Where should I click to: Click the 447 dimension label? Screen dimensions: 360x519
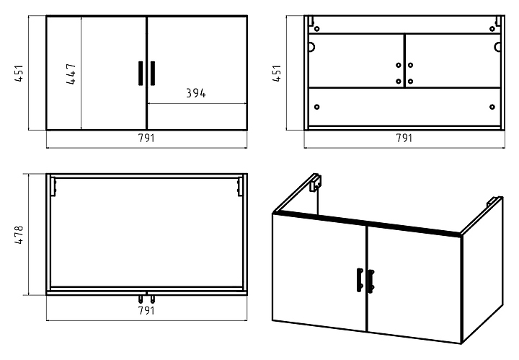click(x=72, y=74)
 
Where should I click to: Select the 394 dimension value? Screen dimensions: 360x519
click(x=195, y=94)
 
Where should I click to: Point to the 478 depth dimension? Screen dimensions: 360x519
click(x=21, y=234)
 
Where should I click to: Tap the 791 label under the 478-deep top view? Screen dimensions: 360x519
click(x=146, y=311)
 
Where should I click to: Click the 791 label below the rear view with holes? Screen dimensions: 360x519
click(x=404, y=139)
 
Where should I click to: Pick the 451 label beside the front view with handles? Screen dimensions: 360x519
click(x=21, y=74)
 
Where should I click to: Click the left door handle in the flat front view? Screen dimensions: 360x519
click(x=141, y=74)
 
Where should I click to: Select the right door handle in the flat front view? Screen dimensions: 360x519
click(x=153, y=74)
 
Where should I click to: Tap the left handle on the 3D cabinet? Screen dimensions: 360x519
click(x=358, y=281)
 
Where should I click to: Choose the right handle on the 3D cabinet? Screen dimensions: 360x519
click(x=371, y=281)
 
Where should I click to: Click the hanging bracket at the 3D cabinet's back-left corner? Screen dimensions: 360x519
click(x=315, y=183)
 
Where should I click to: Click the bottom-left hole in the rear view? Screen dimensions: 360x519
click(x=316, y=107)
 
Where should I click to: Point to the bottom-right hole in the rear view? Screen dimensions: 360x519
click(x=492, y=107)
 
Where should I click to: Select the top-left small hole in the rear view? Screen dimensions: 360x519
click(x=315, y=29)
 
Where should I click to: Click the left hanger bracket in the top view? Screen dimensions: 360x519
click(x=53, y=186)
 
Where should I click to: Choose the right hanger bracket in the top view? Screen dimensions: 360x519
click(x=239, y=186)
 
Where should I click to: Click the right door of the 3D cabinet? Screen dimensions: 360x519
click(x=414, y=285)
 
